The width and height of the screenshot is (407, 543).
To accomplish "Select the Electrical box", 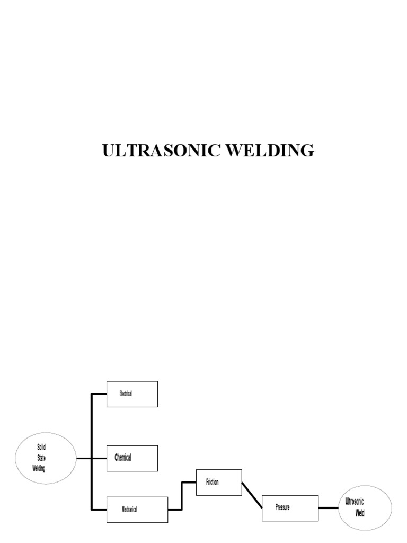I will click(x=132, y=394).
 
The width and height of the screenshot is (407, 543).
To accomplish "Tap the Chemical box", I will click(x=132, y=458).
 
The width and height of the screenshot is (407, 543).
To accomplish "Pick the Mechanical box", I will click(x=137, y=510).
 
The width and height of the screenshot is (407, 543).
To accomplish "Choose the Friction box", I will click(x=219, y=482).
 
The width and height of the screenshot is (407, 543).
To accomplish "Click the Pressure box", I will click(x=290, y=507).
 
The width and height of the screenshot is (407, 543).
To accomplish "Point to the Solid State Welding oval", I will click(x=46, y=458).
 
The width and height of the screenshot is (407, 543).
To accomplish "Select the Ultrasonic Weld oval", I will click(x=365, y=507).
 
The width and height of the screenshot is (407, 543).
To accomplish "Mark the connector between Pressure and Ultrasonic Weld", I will click(x=329, y=508).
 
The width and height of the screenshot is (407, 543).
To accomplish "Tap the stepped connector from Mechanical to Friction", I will click(x=182, y=495).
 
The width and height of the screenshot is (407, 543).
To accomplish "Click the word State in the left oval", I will click(x=41, y=458).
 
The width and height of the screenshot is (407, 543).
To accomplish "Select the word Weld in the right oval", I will click(x=360, y=513).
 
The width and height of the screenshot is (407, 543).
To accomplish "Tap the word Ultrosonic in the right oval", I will click(x=355, y=502).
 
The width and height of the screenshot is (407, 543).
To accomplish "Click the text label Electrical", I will click(x=126, y=394).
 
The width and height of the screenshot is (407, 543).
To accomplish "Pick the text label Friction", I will click(x=212, y=482).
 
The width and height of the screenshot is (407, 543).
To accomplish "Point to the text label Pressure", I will click(x=282, y=507).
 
